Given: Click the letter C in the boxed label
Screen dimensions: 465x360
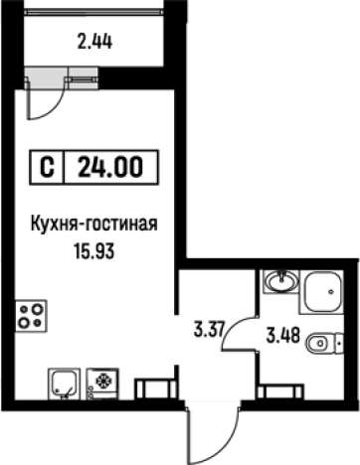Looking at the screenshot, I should pos(47,168).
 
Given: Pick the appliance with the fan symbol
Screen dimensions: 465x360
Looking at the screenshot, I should pos(102,382).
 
